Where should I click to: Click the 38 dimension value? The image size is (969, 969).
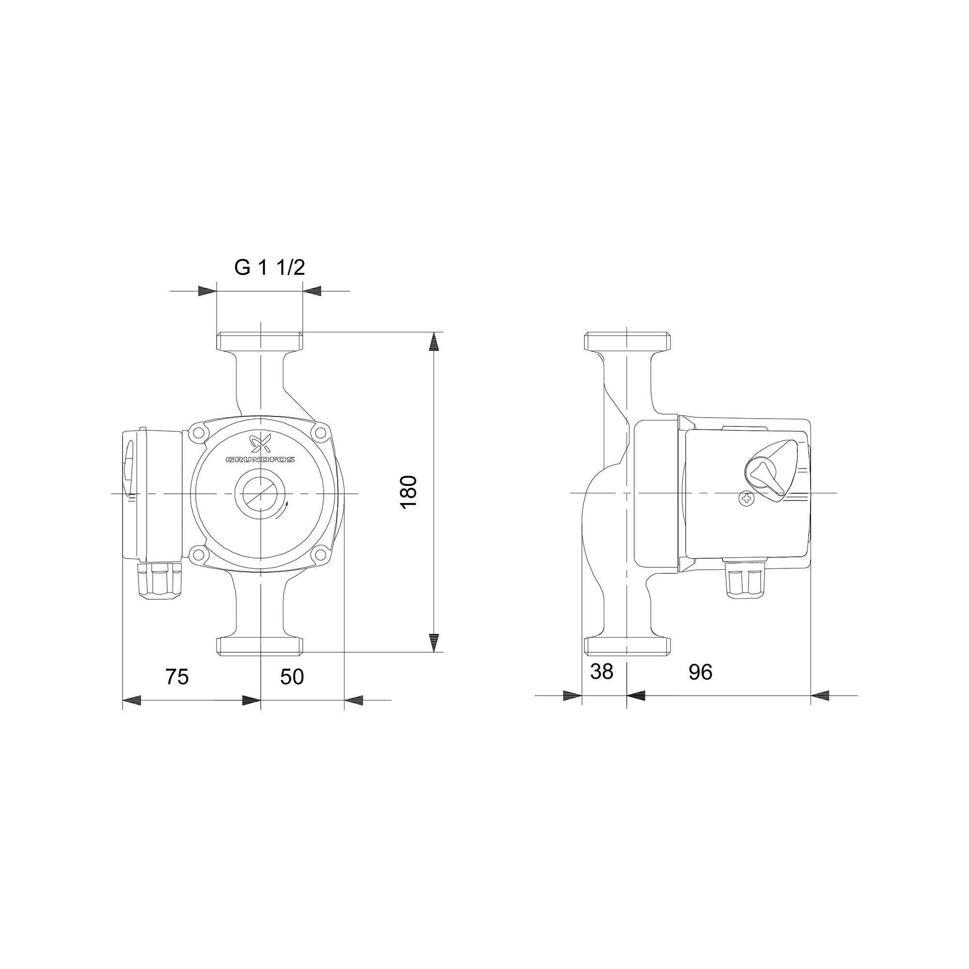point(601,672)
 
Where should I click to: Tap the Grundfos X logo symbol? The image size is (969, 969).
point(260,443)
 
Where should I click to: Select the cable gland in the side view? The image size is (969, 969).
point(745,581)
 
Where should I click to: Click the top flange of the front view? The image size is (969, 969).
point(260,342)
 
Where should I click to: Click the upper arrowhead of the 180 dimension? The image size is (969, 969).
point(434,342)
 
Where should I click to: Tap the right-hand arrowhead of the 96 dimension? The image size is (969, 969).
point(821,696)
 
